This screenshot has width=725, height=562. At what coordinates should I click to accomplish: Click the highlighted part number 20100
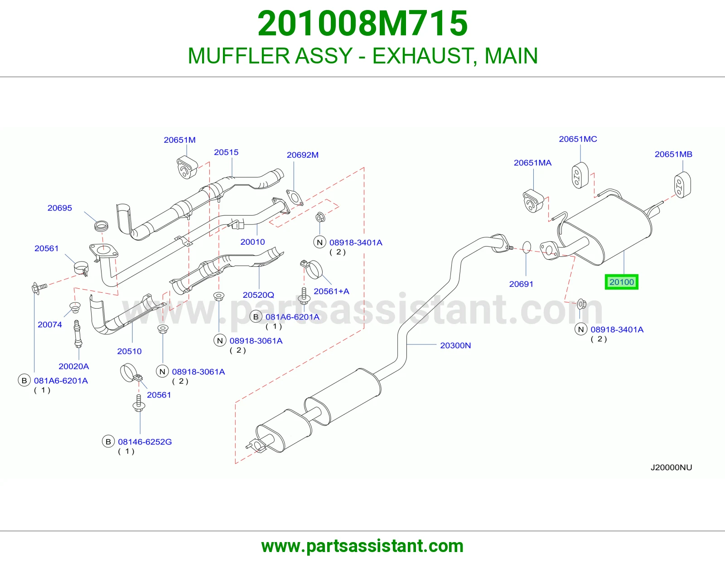point(621,282)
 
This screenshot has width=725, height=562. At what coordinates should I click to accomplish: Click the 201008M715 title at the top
point(362,23)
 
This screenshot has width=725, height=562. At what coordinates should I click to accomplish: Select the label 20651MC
point(578,139)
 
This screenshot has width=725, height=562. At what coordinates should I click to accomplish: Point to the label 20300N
point(455,345)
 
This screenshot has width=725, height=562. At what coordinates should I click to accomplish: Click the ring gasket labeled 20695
point(101,226)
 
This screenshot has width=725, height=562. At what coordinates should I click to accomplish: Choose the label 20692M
point(303,155)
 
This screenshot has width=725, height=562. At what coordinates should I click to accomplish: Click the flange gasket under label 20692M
point(295,198)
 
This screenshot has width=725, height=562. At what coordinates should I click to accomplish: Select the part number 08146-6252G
point(145,442)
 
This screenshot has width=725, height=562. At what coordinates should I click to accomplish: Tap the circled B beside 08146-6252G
point(108,442)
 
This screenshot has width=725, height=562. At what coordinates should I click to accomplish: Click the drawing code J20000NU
point(671,467)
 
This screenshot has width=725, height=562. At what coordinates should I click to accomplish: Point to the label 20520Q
point(258,295)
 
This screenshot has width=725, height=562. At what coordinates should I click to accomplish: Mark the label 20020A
point(74,367)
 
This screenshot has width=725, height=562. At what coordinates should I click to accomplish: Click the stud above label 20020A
point(77,334)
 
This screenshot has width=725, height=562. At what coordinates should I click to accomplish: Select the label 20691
point(521,284)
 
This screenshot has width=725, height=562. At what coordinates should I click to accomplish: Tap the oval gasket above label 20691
point(527,247)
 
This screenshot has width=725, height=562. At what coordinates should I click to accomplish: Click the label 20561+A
point(331,291)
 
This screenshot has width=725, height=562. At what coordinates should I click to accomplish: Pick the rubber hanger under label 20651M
point(187,167)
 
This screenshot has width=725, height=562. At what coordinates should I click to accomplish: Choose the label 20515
point(226,152)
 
